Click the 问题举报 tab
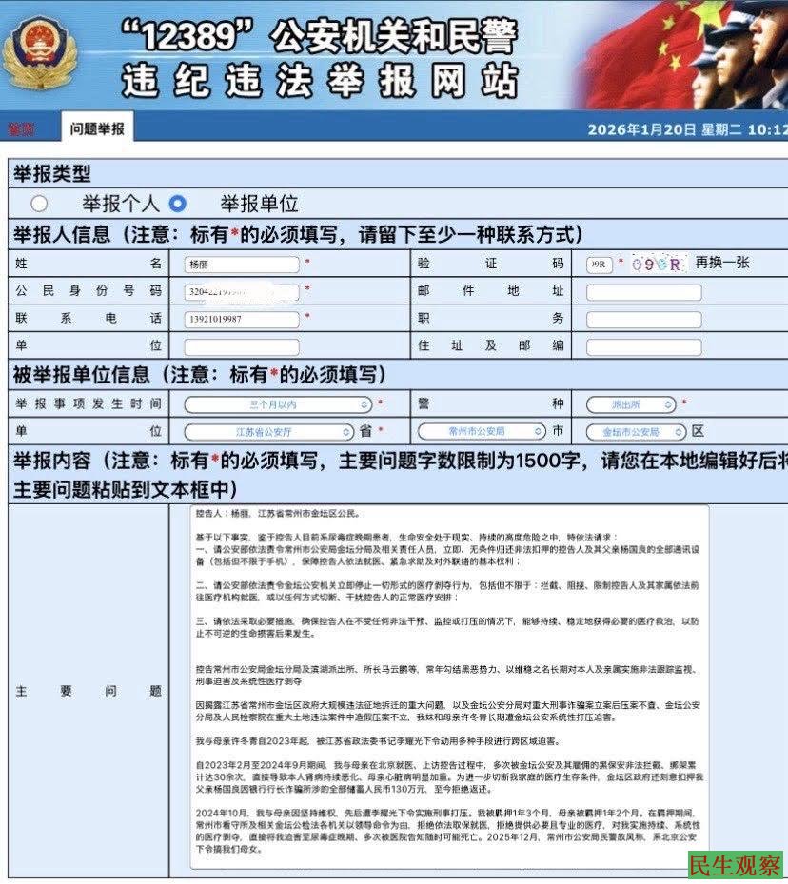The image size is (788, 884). pyautogui.click(x=97, y=128)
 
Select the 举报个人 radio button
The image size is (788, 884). pyautogui.click(x=39, y=203)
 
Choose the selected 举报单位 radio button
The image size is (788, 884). pyautogui.click(x=177, y=203)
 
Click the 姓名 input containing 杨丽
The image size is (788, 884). pyautogui.click(x=242, y=264)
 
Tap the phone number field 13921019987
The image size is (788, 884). pyautogui.click(x=242, y=318)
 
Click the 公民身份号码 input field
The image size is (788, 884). pyautogui.click(x=242, y=291)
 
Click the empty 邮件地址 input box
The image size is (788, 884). pyautogui.click(x=643, y=291)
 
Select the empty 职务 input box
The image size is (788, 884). pyautogui.click(x=643, y=319)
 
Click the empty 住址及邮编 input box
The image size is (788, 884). pyautogui.click(x=643, y=346)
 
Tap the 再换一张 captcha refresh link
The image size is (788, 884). pyautogui.click(x=723, y=264)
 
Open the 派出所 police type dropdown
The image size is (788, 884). pyautogui.click(x=630, y=404)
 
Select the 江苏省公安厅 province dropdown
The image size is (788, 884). pyautogui.click(x=270, y=431)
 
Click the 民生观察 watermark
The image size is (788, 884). pyautogui.click(x=735, y=865)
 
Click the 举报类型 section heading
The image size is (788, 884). pyautogui.click(x=51, y=173)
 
